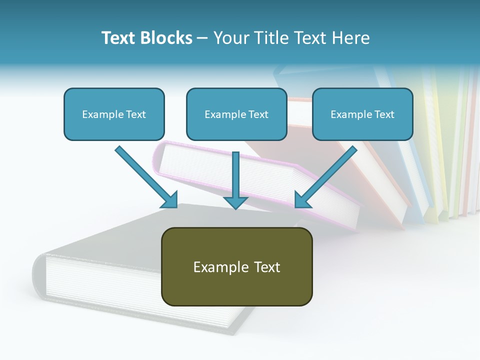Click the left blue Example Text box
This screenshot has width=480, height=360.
click(114, 114)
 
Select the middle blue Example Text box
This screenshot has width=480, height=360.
click(236, 114)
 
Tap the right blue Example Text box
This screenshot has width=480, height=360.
click(362, 114)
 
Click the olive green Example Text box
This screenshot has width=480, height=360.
click(236, 266)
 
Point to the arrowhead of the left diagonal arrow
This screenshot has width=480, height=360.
click(170, 199)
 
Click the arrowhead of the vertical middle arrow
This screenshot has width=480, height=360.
click(235, 201)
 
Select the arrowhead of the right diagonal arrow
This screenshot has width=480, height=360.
click(302, 199)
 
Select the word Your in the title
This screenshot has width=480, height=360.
click(230, 38)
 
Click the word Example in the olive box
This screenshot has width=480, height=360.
click(220, 267)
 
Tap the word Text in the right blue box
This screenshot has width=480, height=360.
click(384, 114)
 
